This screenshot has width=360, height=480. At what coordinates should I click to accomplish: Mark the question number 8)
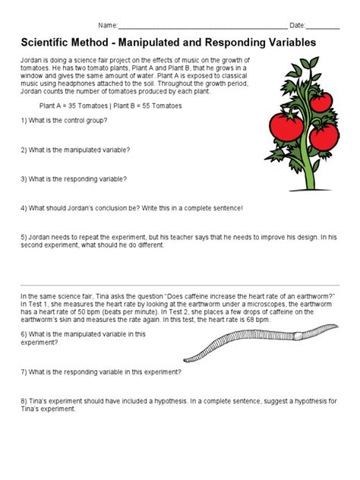[x=24, y=400]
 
